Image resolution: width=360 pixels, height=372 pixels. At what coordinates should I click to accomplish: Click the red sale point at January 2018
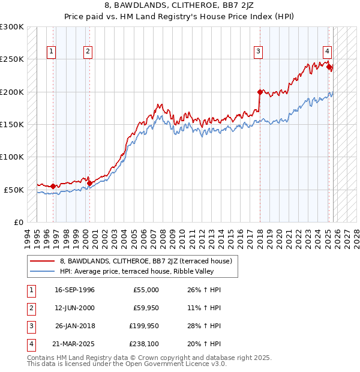coord(260,92)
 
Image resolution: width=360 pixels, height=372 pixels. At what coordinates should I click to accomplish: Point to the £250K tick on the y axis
coord(12,59)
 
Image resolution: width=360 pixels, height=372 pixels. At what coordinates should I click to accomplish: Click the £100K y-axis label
coord(12,157)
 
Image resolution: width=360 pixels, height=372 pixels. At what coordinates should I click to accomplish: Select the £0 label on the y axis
coord(18,221)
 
